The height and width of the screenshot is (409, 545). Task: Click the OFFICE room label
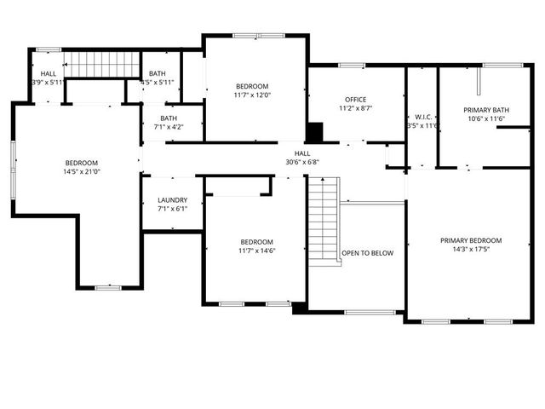point(356,100)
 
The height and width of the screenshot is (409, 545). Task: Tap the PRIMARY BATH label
point(486,110)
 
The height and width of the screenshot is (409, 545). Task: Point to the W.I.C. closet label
point(423,116)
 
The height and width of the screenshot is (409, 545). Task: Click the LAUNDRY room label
point(172,201)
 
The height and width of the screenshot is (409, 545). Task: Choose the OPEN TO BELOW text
point(368,253)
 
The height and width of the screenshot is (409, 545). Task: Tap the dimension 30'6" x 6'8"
point(302,162)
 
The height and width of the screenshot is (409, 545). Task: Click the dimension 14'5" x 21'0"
point(82,172)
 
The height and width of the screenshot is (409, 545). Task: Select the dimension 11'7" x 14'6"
point(256,251)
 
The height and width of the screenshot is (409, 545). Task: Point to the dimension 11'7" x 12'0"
point(253,95)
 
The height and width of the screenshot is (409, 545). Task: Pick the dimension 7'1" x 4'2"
point(169,127)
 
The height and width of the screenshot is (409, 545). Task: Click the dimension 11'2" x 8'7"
point(356,109)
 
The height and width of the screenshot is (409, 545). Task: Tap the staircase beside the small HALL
point(102,63)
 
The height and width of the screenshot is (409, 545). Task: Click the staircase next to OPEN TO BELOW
point(324,222)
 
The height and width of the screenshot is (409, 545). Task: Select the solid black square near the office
point(314,132)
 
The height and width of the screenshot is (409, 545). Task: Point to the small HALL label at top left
point(49,74)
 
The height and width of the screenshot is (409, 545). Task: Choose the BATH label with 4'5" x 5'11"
point(158,74)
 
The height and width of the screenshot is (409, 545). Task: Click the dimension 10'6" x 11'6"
point(486,119)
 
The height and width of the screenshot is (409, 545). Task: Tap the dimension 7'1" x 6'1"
point(172,210)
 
